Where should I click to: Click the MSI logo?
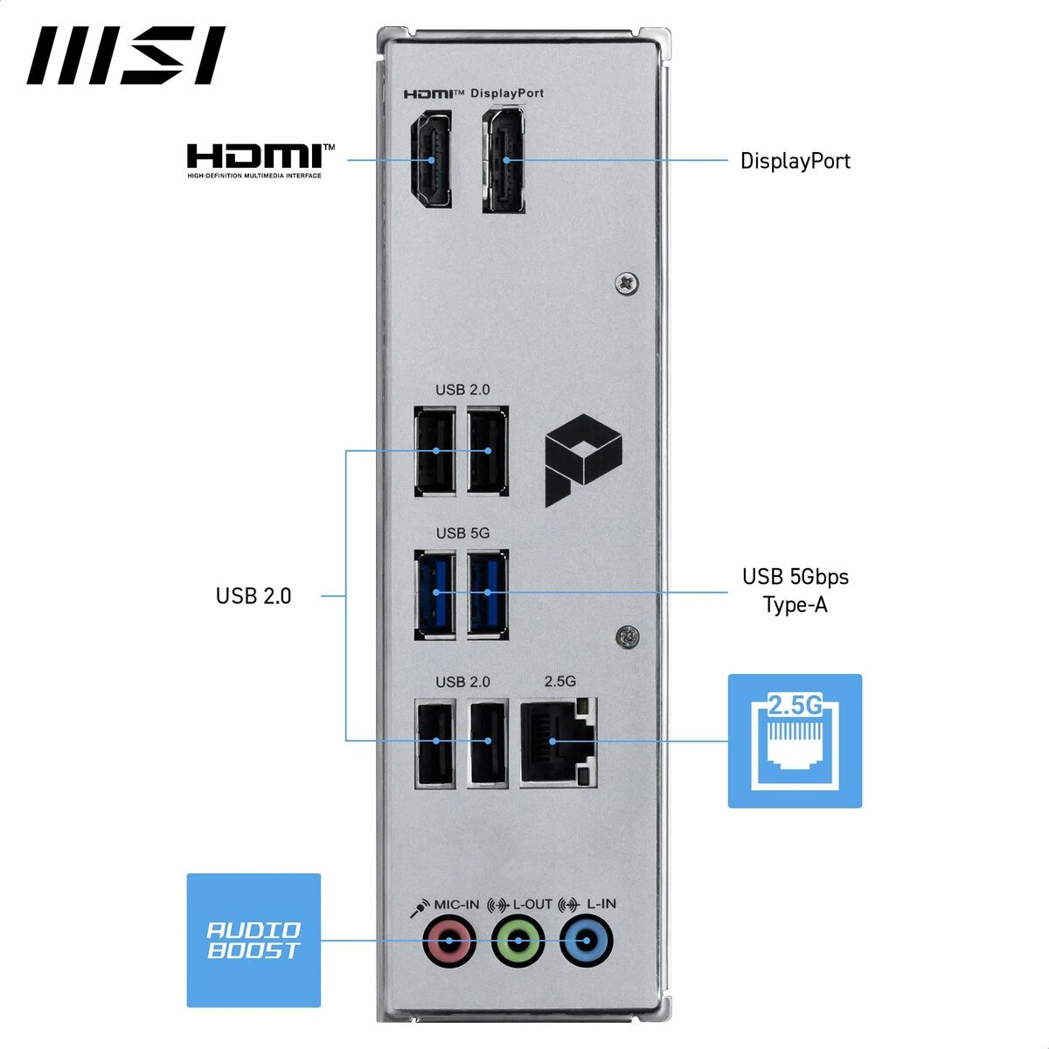tap(126, 55)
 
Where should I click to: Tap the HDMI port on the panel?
tap(431, 159)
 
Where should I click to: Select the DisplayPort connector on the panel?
tap(504, 160)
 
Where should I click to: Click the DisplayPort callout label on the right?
tap(795, 161)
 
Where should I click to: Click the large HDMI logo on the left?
tap(261, 161)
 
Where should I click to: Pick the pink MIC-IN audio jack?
tap(449, 940)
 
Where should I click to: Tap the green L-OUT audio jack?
tap(518, 940)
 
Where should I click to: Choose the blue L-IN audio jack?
tap(587, 940)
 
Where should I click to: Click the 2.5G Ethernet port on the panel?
tap(559, 742)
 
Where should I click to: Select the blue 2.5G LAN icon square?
tap(795, 741)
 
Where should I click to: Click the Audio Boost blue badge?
tap(254, 940)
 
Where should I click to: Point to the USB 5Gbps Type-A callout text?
tap(795, 590)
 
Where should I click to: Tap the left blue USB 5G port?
tap(435, 594)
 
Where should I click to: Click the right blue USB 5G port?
tap(488, 594)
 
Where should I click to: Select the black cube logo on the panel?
tap(584, 460)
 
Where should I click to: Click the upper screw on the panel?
tap(627, 283)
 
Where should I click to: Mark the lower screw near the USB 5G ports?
tap(627, 637)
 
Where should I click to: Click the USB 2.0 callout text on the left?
tap(254, 596)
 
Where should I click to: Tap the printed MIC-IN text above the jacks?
tap(456, 904)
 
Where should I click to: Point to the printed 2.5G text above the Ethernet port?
tap(560, 681)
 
